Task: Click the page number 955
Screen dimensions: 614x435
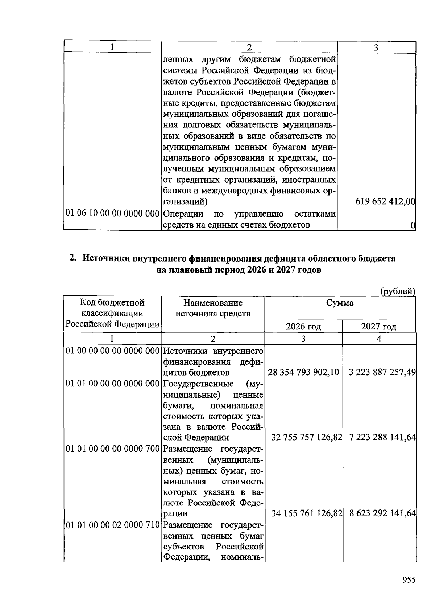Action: [409, 580]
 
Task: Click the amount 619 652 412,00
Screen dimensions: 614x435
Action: [385, 201]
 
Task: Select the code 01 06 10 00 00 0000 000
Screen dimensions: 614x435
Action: [112, 213]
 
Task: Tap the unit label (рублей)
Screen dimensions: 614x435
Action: [397, 291]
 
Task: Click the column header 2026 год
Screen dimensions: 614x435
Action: [303, 327]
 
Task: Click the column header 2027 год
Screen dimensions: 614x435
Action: [379, 327]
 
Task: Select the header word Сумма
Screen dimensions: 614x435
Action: [340, 303]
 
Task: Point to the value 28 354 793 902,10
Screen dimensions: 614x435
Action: [303, 372]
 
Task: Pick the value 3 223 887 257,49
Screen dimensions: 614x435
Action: [382, 372]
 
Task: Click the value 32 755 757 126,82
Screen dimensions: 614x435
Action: [307, 437]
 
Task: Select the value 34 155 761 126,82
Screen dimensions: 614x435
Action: [307, 513]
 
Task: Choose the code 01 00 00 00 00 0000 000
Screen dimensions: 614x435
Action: [112, 351]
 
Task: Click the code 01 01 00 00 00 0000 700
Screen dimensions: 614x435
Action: [112, 449]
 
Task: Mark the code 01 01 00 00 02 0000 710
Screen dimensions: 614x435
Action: [112, 525]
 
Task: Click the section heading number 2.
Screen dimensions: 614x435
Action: [73, 258]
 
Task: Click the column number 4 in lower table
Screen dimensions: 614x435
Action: [379, 339]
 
